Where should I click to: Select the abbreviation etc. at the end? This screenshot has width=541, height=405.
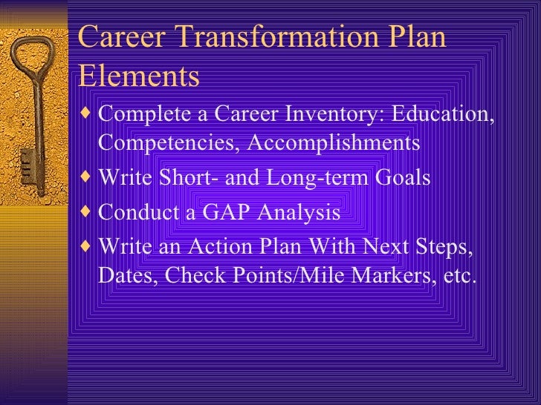pyautogui.click(x=457, y=276)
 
